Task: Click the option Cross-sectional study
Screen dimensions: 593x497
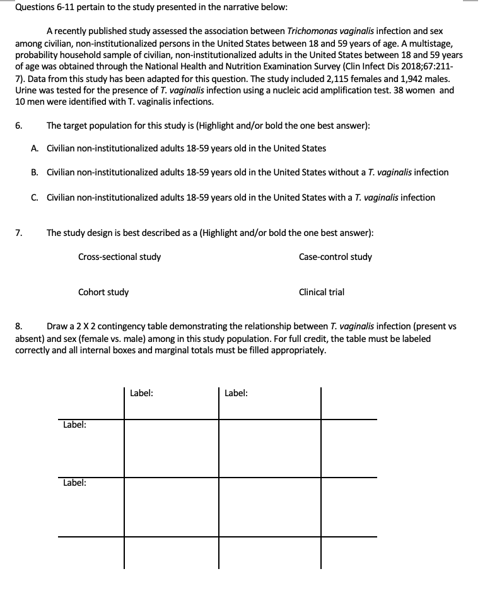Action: pyautogui.click(x=119, y=257)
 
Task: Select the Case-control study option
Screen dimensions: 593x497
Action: pyautogui.click(x=335, y=257)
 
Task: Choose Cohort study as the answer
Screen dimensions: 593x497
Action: pyautogui.click(x=103, y=292)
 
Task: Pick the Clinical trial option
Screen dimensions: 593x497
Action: pyautogui.click(x=322, y=292)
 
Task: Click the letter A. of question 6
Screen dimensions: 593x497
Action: pyautogui.click(x=34, y=148)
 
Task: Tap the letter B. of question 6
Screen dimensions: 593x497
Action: pyautogui.click(x=34, y=172)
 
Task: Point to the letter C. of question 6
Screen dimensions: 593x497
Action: pyautogui.click(x=34, y=197)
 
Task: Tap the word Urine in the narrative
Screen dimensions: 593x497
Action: pyautogui.click(x=26, y=90)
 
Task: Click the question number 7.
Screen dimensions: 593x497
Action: pyautogui.click(x=19, y=233)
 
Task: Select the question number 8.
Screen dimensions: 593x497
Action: pyautogui.click(x=19, y=327)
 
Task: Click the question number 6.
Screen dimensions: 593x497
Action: pyautogui.click(x=19, y=126)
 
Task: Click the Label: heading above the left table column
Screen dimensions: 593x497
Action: pyautogui.click(x=141, y=393)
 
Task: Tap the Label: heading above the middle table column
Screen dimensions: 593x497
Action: pyautogui.click(x=236, y=393)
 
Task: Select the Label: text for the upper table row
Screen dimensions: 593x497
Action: pyautogui.click(x=74, y=425)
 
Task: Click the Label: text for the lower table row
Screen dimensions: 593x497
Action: pyautogui.click(x=74, y=483)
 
